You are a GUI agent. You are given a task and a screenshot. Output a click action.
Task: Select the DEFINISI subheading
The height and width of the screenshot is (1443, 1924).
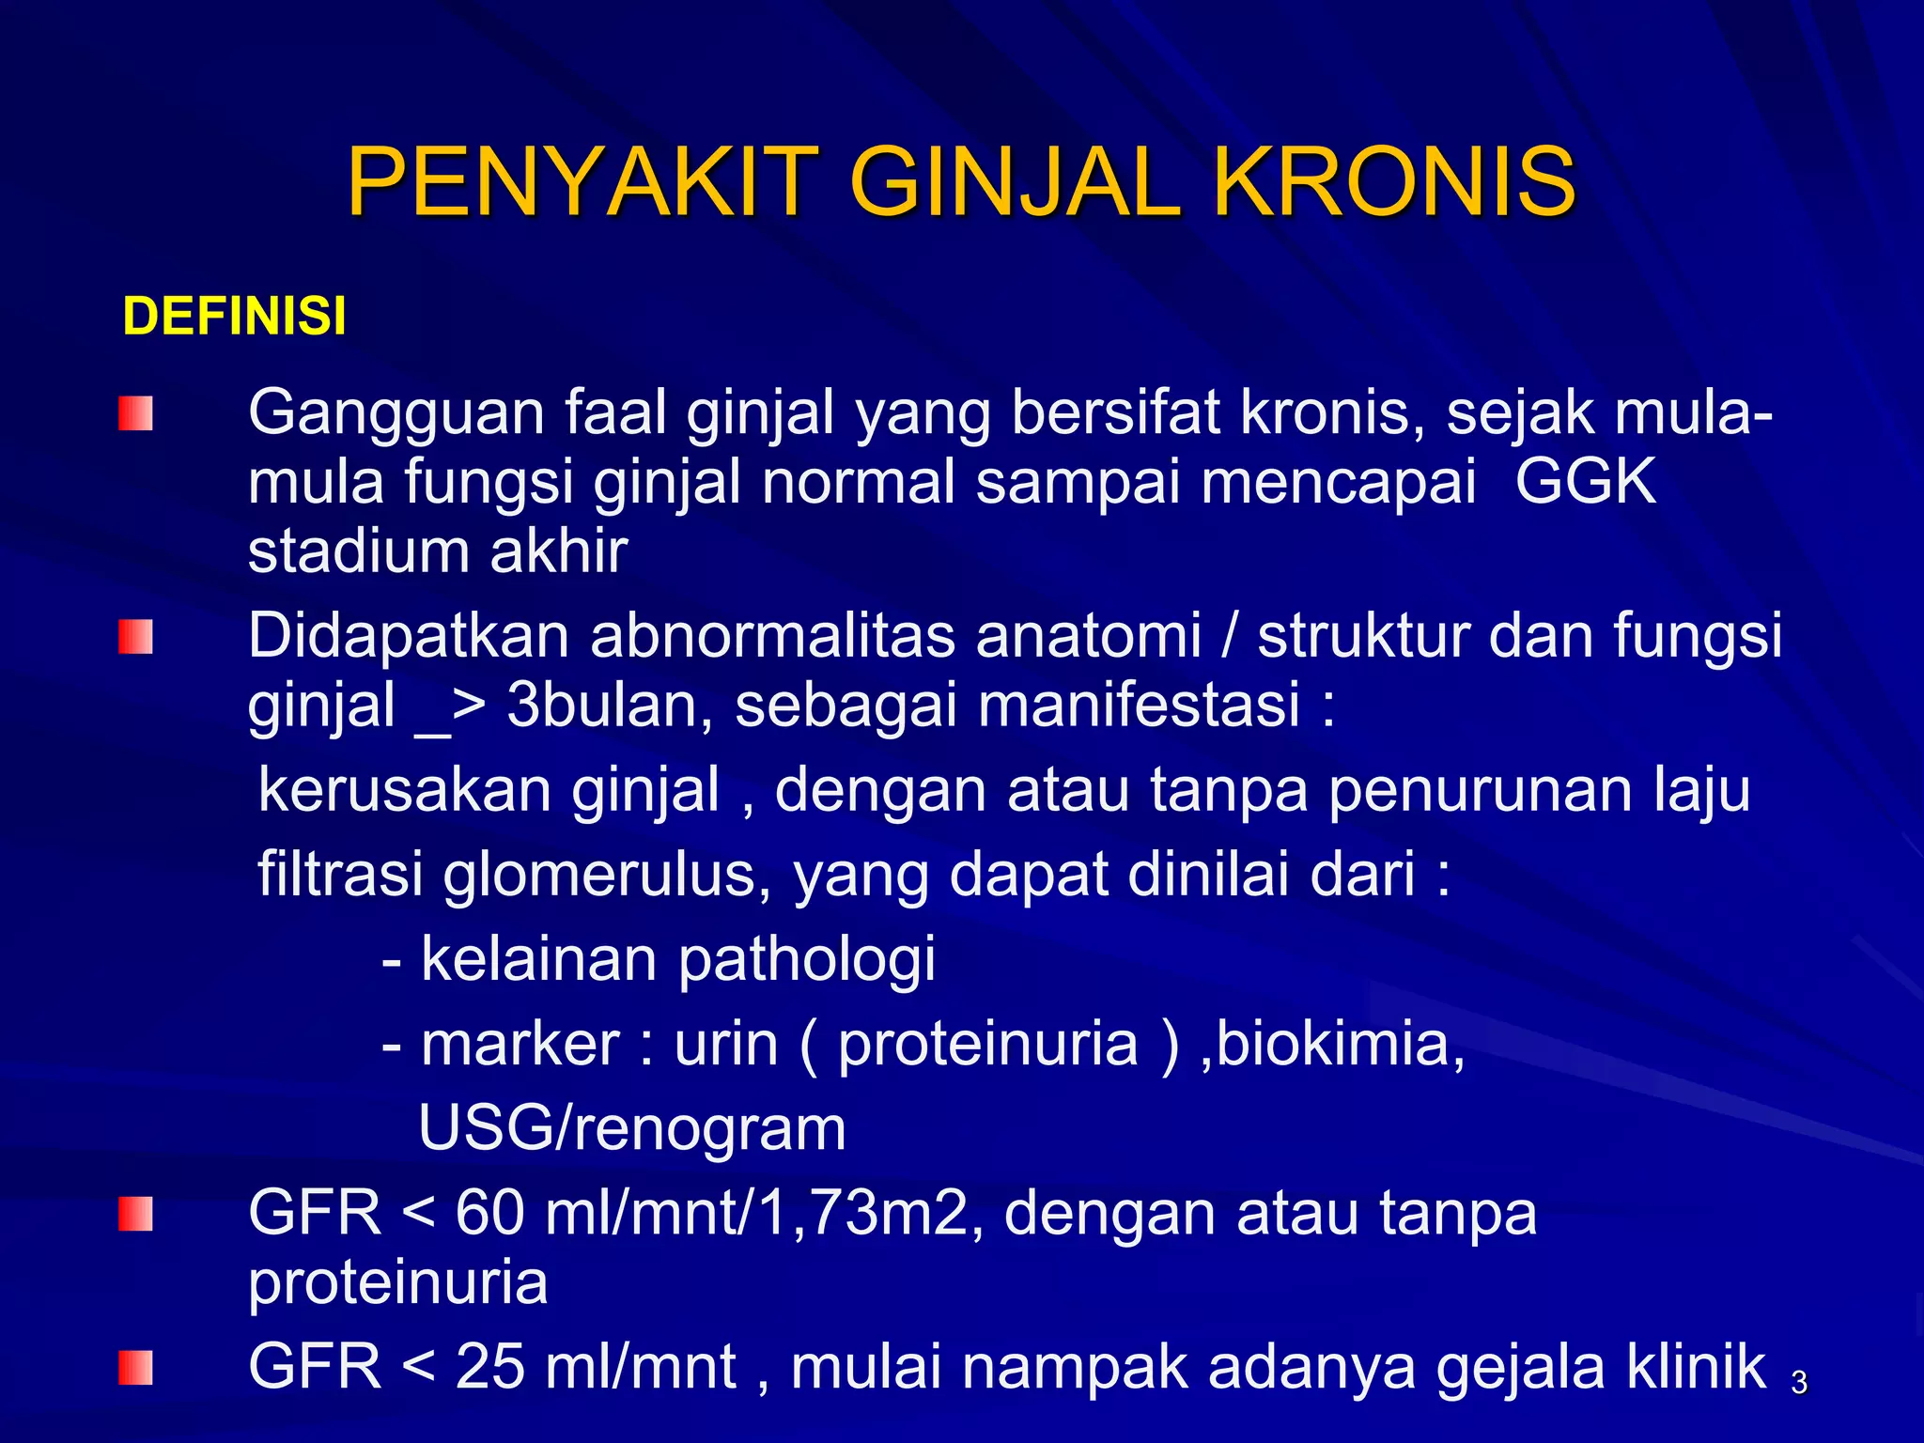[x=234, y=316]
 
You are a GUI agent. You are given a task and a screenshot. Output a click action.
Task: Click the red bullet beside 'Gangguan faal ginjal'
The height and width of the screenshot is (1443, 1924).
[x=135, y=413]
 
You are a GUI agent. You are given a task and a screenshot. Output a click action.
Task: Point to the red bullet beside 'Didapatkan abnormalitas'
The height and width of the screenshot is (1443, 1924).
[x=135, y=637]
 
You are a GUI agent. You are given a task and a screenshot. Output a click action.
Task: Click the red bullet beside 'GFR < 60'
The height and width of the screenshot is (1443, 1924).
[x=135, y=1213]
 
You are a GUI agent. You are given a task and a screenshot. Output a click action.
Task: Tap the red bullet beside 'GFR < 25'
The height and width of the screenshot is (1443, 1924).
[x=135, y=1367]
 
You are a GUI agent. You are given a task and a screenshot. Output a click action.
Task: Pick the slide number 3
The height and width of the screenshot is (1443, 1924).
[x=1798, y=1383]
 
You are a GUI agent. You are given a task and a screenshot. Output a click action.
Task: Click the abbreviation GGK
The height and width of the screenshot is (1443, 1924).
[x=1585, y=482]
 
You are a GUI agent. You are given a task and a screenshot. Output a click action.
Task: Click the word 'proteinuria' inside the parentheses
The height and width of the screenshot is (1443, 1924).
[x=987, y=1044]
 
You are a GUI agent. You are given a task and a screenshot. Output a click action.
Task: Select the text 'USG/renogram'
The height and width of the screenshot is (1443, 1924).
[x=631, y=1127]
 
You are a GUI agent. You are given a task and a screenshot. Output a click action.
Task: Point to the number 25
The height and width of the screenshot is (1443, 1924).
[x=489, y=1367]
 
